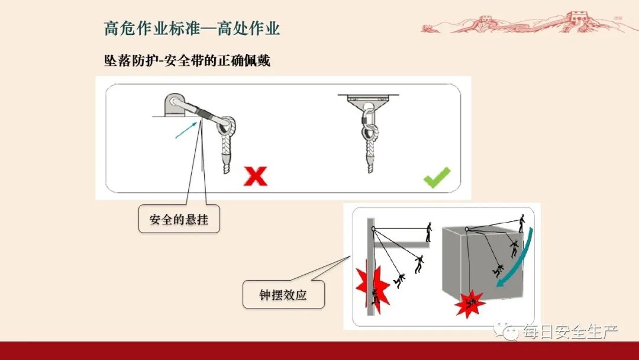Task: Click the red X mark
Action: [x=256, y=176]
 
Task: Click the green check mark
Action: [x=437, y=178]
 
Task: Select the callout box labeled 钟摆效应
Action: [x=283, y=294]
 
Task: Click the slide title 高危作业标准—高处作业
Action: [x=192, y=28]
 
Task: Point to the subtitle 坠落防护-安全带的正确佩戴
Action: [x=187, y=60]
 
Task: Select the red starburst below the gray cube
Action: [x=470, y=303]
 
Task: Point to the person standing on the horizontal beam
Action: [x=429, y=232]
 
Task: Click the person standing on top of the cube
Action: [x=522, y=223]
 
